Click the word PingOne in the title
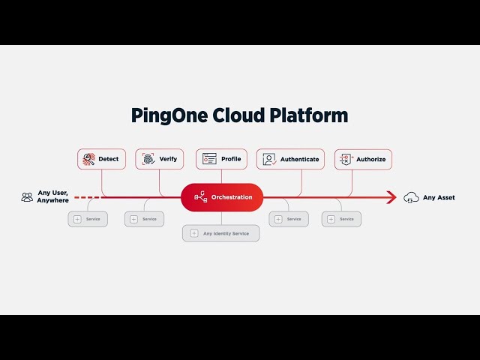166,115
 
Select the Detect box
101,159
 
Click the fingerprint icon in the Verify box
148,159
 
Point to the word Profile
231,159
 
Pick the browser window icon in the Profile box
209,159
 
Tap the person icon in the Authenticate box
269,159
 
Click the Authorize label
370,159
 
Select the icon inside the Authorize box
346,159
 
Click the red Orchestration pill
222,197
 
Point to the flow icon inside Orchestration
200,197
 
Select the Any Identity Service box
221,233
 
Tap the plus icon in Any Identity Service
194,233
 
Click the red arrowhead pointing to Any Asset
391,197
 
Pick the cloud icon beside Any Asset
411,197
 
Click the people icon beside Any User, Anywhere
27,197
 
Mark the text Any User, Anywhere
54,197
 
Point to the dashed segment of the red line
86,197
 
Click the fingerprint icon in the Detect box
88,159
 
